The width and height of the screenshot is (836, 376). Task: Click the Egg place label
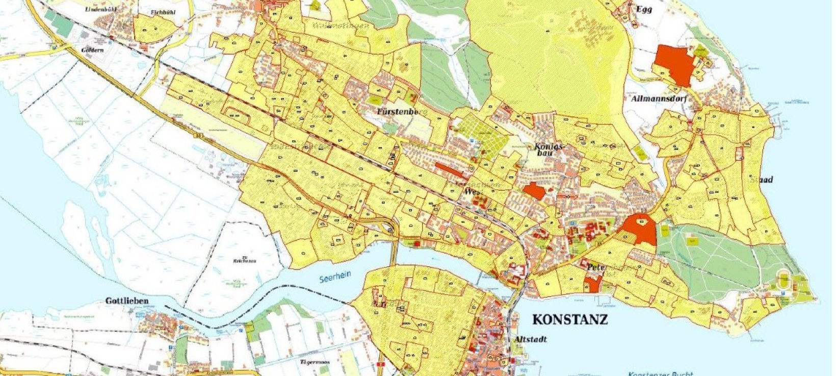644,9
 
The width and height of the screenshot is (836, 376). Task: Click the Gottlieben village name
127,300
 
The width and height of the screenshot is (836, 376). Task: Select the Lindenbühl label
102,10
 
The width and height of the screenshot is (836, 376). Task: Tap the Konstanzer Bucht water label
660,373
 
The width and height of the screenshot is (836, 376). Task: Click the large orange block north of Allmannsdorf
674,64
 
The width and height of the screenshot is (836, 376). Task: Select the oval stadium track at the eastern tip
783,281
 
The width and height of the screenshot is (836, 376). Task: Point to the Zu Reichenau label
245,260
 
